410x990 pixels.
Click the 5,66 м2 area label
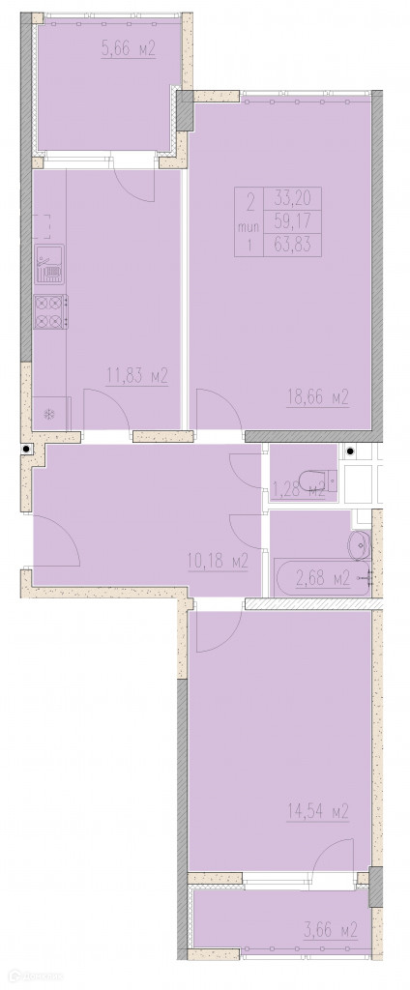pyautogui.click(x=129, y=49)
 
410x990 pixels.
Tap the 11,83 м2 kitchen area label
pyautogui.click(x=136, y=377)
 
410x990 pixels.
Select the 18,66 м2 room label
pyautogui.click(x=318, y=397)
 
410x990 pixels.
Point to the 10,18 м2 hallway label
pyautogui.click(x=218, y=560)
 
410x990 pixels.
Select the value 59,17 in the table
pyautogui.click(x=292, y=221)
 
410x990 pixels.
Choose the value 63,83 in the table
pyautogui.click(x=292, y=243)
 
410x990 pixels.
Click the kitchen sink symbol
pyautogui.click(x=49, y=265)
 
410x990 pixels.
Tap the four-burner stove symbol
pyautogui.click(x=50, y=312)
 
